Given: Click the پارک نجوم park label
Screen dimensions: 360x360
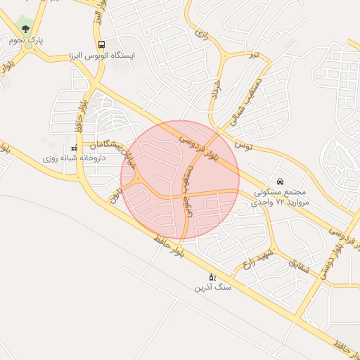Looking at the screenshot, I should (x=26, y=41).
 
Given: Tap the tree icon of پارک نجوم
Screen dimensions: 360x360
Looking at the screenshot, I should (x=26, y=29).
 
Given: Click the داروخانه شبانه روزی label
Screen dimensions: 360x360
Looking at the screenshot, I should (x=74, y=158).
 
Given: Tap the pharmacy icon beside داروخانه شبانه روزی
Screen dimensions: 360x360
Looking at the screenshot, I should (x=74, y=148).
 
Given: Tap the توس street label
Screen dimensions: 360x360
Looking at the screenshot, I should (x=243, y=146).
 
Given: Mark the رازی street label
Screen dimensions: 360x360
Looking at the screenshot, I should (x=202, y=33).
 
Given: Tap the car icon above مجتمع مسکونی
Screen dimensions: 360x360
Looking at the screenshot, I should (x=281, y=181).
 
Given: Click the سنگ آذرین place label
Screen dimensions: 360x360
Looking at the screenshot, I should (x=213, y=288).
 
